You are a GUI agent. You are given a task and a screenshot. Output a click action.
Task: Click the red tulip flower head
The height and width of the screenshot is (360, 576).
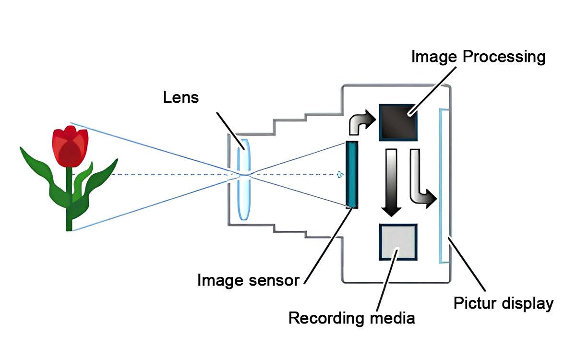[70, 146]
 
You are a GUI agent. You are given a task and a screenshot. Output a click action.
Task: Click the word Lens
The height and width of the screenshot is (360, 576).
[180, 97]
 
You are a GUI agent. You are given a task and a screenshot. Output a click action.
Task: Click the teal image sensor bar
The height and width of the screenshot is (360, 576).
[352, 174]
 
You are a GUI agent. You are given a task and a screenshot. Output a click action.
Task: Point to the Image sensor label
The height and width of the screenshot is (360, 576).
[248, 280]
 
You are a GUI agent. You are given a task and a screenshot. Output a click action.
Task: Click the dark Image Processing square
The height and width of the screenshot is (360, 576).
[398, 122]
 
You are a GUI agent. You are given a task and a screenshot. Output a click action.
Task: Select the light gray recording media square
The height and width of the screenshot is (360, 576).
[398, 242]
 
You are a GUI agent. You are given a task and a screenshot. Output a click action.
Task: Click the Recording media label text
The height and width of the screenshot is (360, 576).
[351, 318]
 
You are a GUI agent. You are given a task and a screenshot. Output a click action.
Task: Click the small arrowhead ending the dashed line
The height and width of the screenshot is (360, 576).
[340, 174]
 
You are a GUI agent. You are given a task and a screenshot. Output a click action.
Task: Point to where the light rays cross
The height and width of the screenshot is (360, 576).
[244, 175]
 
